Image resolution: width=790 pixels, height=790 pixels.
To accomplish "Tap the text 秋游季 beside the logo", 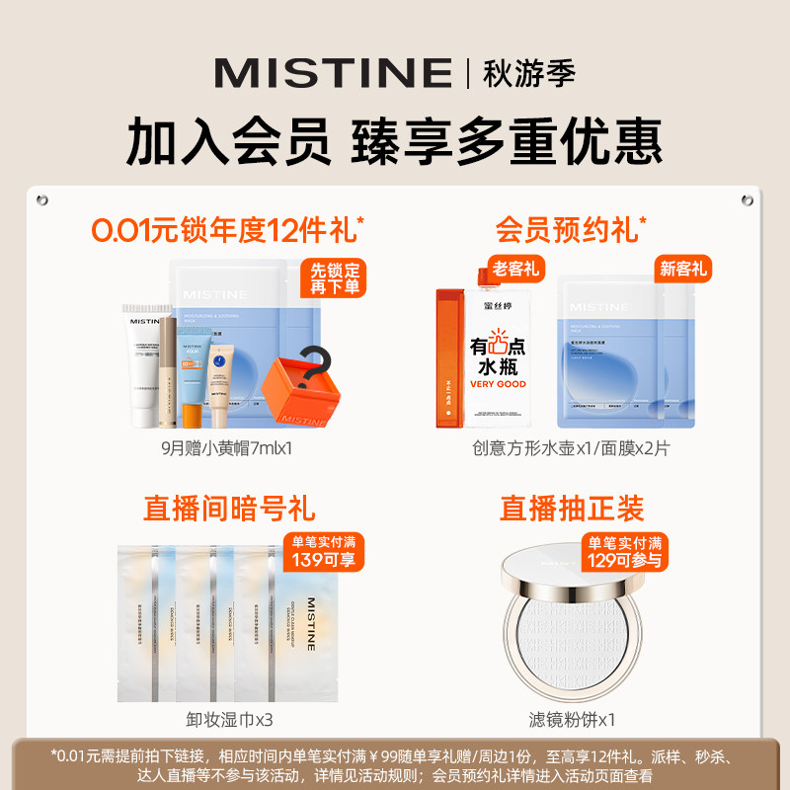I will click(528, 72).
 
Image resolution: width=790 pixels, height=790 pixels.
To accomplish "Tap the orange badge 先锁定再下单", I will click(335, 278).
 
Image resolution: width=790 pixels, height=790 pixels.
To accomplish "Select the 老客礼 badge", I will click(517, 270).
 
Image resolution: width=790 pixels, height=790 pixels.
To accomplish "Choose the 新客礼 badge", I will click(682, 269).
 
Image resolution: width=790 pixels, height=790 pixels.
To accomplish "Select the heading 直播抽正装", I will click(571, 509).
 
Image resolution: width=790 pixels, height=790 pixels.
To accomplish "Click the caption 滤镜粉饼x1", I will click(571, 720).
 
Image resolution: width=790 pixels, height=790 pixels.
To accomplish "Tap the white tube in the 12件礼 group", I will click(140, 360).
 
